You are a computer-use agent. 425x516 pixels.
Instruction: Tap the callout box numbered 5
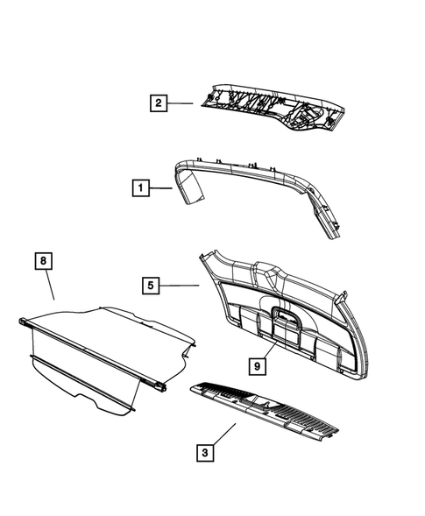tap(152, 285)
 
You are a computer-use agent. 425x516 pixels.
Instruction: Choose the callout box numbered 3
tap(204, 453)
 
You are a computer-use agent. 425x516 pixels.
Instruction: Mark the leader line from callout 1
tap(162, 187)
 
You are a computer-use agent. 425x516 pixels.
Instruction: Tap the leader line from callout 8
tap(50, 286)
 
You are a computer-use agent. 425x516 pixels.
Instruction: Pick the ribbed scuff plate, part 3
tap(267, 408)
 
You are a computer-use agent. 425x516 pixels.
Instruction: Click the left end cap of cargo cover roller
tap(22, 322)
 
